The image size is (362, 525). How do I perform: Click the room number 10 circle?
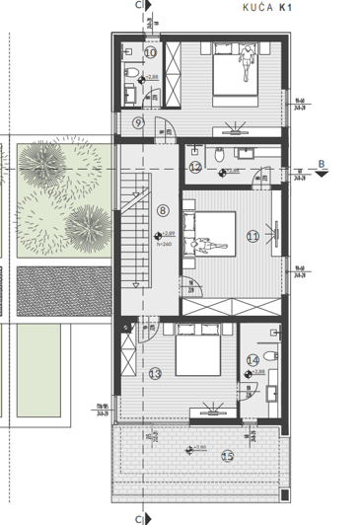tap(151, 51)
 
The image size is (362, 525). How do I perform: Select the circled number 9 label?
tap(138, 122)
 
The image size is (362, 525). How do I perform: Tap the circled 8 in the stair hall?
tap(163, 209)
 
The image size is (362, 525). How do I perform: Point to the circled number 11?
tap(253, 236)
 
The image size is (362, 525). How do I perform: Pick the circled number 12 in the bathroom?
tap(195, 168)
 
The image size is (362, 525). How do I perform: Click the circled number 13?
tap(155, 373)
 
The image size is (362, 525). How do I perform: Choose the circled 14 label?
tap(253, 361)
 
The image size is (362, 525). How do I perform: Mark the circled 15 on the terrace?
tap(228, 455)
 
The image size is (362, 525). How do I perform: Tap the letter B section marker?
tap(322, 164)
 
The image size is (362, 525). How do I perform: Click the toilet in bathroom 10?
tap(131, 74)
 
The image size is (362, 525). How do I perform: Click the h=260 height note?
tap(163, 243)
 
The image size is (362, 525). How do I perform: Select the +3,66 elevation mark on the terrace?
tap(199, 448)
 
